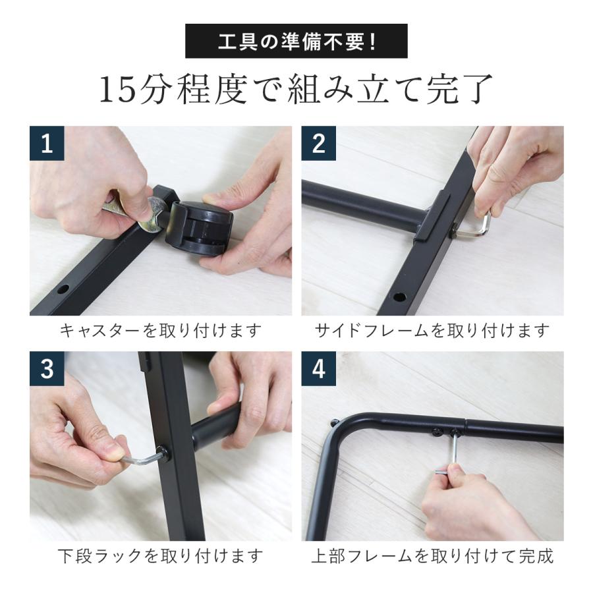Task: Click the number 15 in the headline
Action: pos(118,91)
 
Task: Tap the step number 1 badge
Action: pos(47,144)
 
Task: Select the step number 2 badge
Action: pos(319,144)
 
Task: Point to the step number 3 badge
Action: pos(47,369)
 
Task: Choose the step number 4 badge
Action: pos(319,369)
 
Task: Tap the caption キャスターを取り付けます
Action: pos(161,330)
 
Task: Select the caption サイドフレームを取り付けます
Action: pos(432,330)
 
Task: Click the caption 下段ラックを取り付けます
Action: pos(161,555)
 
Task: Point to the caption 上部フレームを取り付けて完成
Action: pos(432,555)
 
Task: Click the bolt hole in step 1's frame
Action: pos(64,289)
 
